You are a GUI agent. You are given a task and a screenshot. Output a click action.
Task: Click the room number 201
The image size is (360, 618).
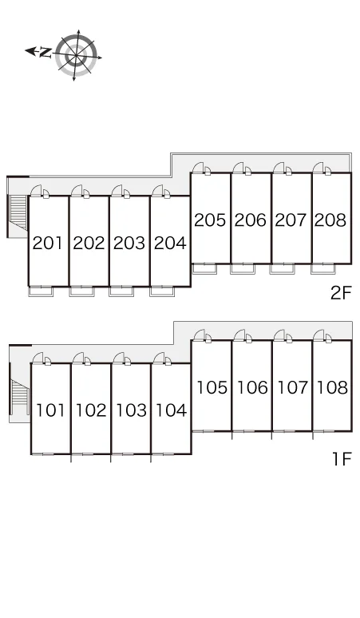click(48, 244)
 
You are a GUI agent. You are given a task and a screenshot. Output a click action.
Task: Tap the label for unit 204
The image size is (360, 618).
click(170, 244)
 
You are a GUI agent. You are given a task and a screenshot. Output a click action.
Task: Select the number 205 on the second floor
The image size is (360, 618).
click(210, 220)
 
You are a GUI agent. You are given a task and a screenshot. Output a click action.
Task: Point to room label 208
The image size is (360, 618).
click(330, 220)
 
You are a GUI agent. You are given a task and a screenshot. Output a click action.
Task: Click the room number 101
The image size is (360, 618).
click(50, 410)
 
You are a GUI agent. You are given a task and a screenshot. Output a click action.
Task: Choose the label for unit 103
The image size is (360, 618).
click(131, 410)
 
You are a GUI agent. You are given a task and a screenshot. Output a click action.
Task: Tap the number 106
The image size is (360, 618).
click(252, 387)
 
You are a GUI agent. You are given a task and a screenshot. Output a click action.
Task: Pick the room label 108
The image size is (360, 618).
click(332, 387)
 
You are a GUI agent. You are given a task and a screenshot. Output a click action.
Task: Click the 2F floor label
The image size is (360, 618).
click(341, 293)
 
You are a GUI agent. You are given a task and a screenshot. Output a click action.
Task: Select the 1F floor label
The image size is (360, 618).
click(342, 459)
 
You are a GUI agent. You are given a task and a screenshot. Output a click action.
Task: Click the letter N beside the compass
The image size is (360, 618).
click(45, 52)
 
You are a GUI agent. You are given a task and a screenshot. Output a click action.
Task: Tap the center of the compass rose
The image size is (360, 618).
click(76, 55)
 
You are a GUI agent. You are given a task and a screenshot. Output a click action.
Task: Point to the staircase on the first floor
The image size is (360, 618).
click(20, 397)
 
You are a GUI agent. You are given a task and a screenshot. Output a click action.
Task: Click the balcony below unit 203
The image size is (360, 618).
click(121, 291)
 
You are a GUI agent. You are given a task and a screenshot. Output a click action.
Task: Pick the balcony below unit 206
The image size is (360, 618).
click(243, 268)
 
